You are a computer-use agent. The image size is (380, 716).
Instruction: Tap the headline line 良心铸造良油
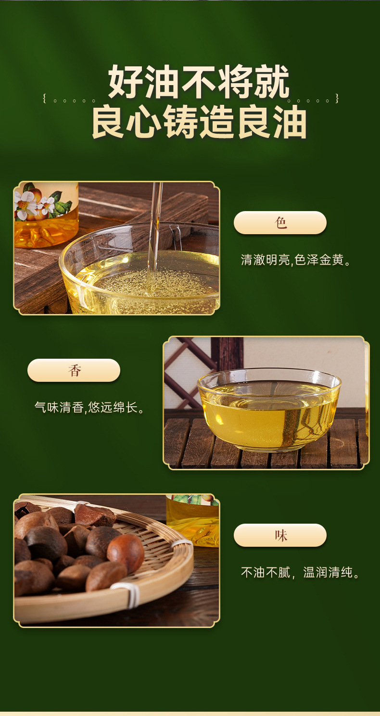coord(199,123)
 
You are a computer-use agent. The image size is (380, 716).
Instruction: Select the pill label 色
coord(280,223)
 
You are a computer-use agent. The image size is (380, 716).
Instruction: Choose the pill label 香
coord(74,370)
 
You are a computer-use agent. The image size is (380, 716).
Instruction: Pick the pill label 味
coord(280,535)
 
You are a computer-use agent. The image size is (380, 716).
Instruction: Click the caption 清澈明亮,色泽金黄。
coord(296,260)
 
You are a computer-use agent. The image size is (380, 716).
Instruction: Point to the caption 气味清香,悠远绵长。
coord(89,408)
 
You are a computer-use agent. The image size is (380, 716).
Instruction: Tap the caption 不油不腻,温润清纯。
coord(300,573)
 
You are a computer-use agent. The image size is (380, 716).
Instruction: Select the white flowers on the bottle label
coord(35,204)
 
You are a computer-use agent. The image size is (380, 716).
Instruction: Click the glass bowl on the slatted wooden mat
coord(269,410)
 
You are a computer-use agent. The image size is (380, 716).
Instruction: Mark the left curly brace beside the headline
coord(45,99)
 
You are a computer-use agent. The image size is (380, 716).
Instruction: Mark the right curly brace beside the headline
coord(337,99)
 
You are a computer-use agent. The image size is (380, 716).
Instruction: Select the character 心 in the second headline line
coord(144,123)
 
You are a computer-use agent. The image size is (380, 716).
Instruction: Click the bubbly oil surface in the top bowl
coord(153,281)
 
